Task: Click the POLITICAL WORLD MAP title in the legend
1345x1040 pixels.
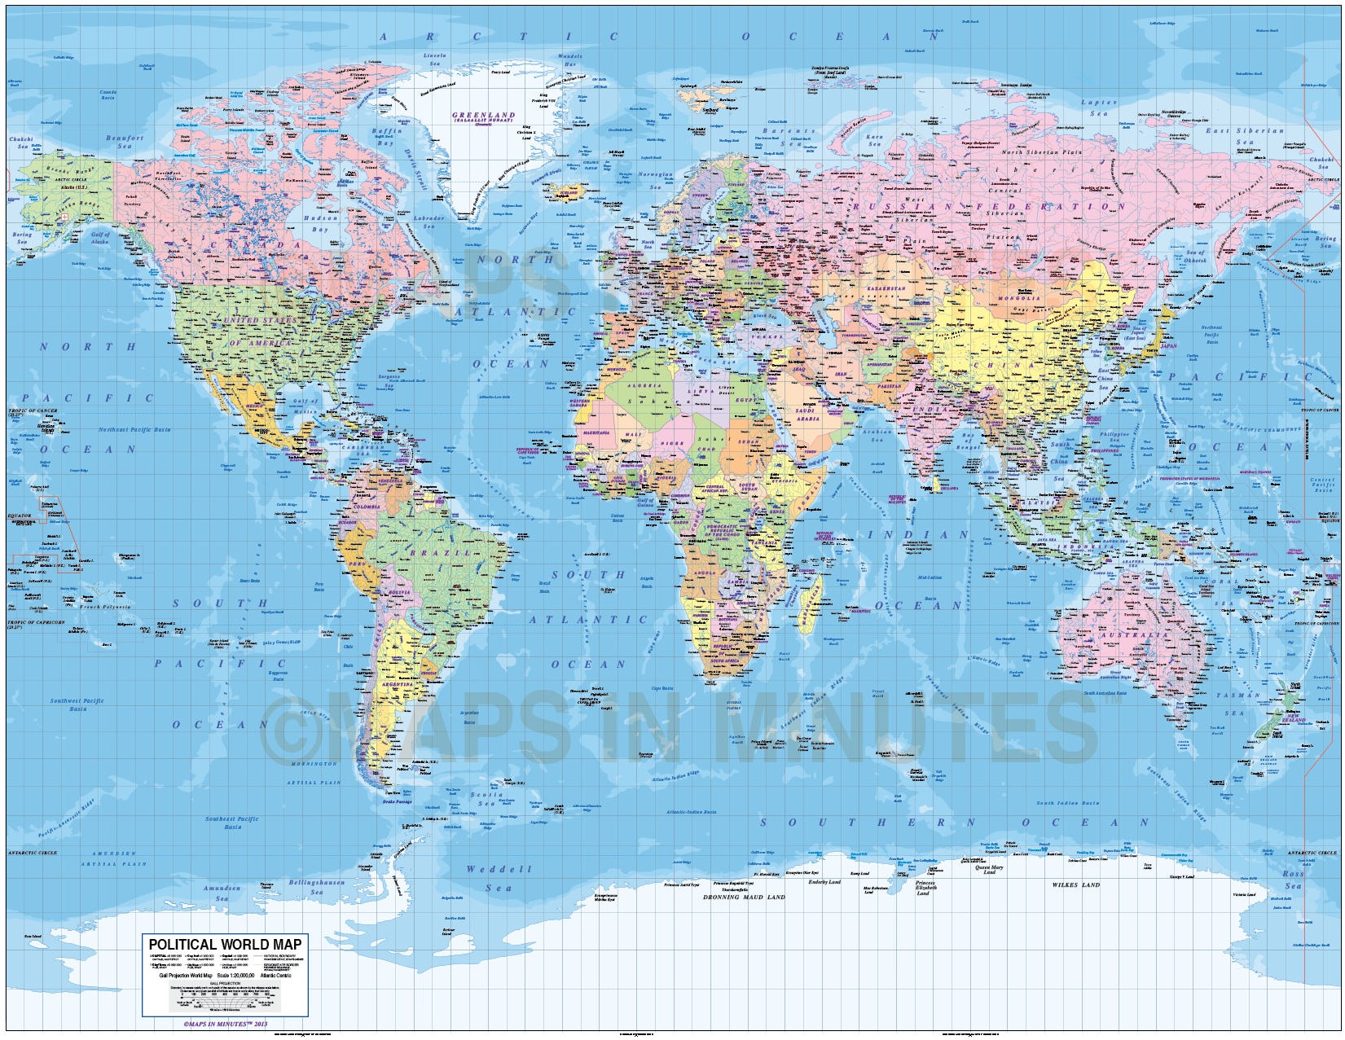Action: click(x=225, y=945)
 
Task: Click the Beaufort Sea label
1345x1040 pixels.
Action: click(x=124, y=142)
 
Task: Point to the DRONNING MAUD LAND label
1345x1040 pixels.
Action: click(x=748, y=897)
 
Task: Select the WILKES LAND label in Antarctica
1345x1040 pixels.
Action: click(x=1075, y=884)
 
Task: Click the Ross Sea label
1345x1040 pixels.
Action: click(x=1293, y=880)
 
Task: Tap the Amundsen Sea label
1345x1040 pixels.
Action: click(x=222, y=893)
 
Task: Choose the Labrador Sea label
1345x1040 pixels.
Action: click(x=429, y=222)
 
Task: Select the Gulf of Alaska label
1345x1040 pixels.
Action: click(x=99, y=239)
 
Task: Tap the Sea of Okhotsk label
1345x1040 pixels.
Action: click(x=1194, y=257)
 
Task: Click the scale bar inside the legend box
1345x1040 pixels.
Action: click(x=225, y=997)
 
